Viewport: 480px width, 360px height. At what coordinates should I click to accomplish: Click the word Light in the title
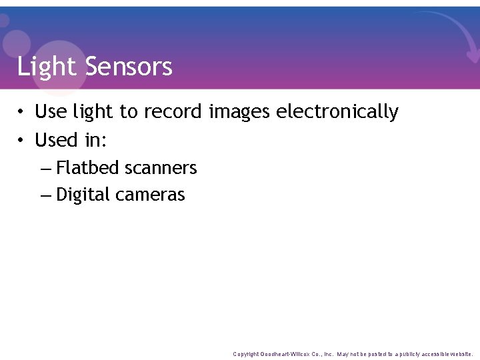coord(47,67)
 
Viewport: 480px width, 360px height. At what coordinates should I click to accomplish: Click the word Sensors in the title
coord(129,67)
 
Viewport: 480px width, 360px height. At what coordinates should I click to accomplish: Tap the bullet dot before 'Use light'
coord(22,112)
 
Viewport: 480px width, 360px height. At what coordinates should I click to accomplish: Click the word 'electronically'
coord(337,112)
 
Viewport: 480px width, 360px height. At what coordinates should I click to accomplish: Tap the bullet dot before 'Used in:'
coord(22,141)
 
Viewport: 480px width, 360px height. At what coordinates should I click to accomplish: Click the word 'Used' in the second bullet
coord(57,140)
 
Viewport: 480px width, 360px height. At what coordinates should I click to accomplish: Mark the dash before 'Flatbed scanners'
coord(45,168)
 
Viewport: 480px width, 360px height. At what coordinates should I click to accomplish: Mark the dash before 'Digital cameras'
coord(45,195)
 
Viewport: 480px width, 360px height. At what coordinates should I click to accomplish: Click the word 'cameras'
coord(150,195)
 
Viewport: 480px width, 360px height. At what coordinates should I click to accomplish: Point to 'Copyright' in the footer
coord(245,354)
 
